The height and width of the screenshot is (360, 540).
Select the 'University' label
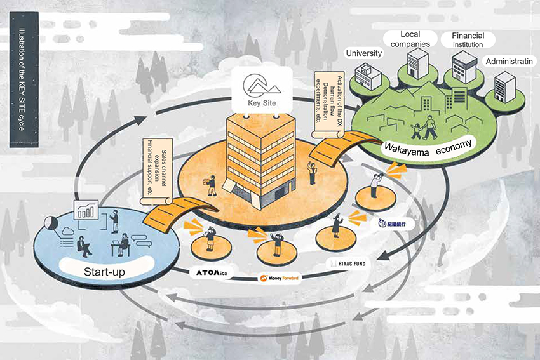363,53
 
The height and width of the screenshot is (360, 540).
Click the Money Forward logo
280,278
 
